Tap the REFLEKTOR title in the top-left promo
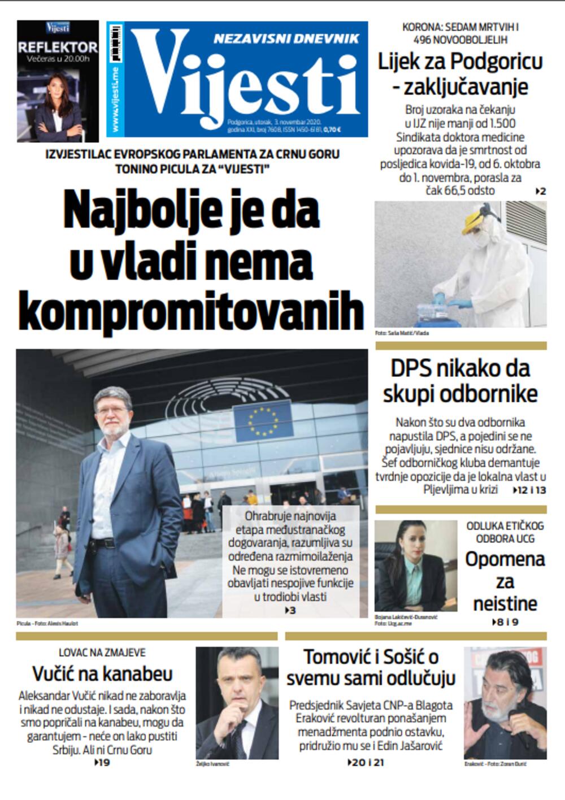coord(58,47)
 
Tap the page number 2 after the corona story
coord(542,192)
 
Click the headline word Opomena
coord(505,559)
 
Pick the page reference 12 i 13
coord(531,490)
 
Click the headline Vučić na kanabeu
coord(102,673)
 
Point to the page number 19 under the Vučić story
coord(102,763)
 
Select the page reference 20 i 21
coord(366,763)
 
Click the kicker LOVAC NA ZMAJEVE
coord(102,653)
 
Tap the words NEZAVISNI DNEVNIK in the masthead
coord(286,38)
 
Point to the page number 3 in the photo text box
coord(290,610)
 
